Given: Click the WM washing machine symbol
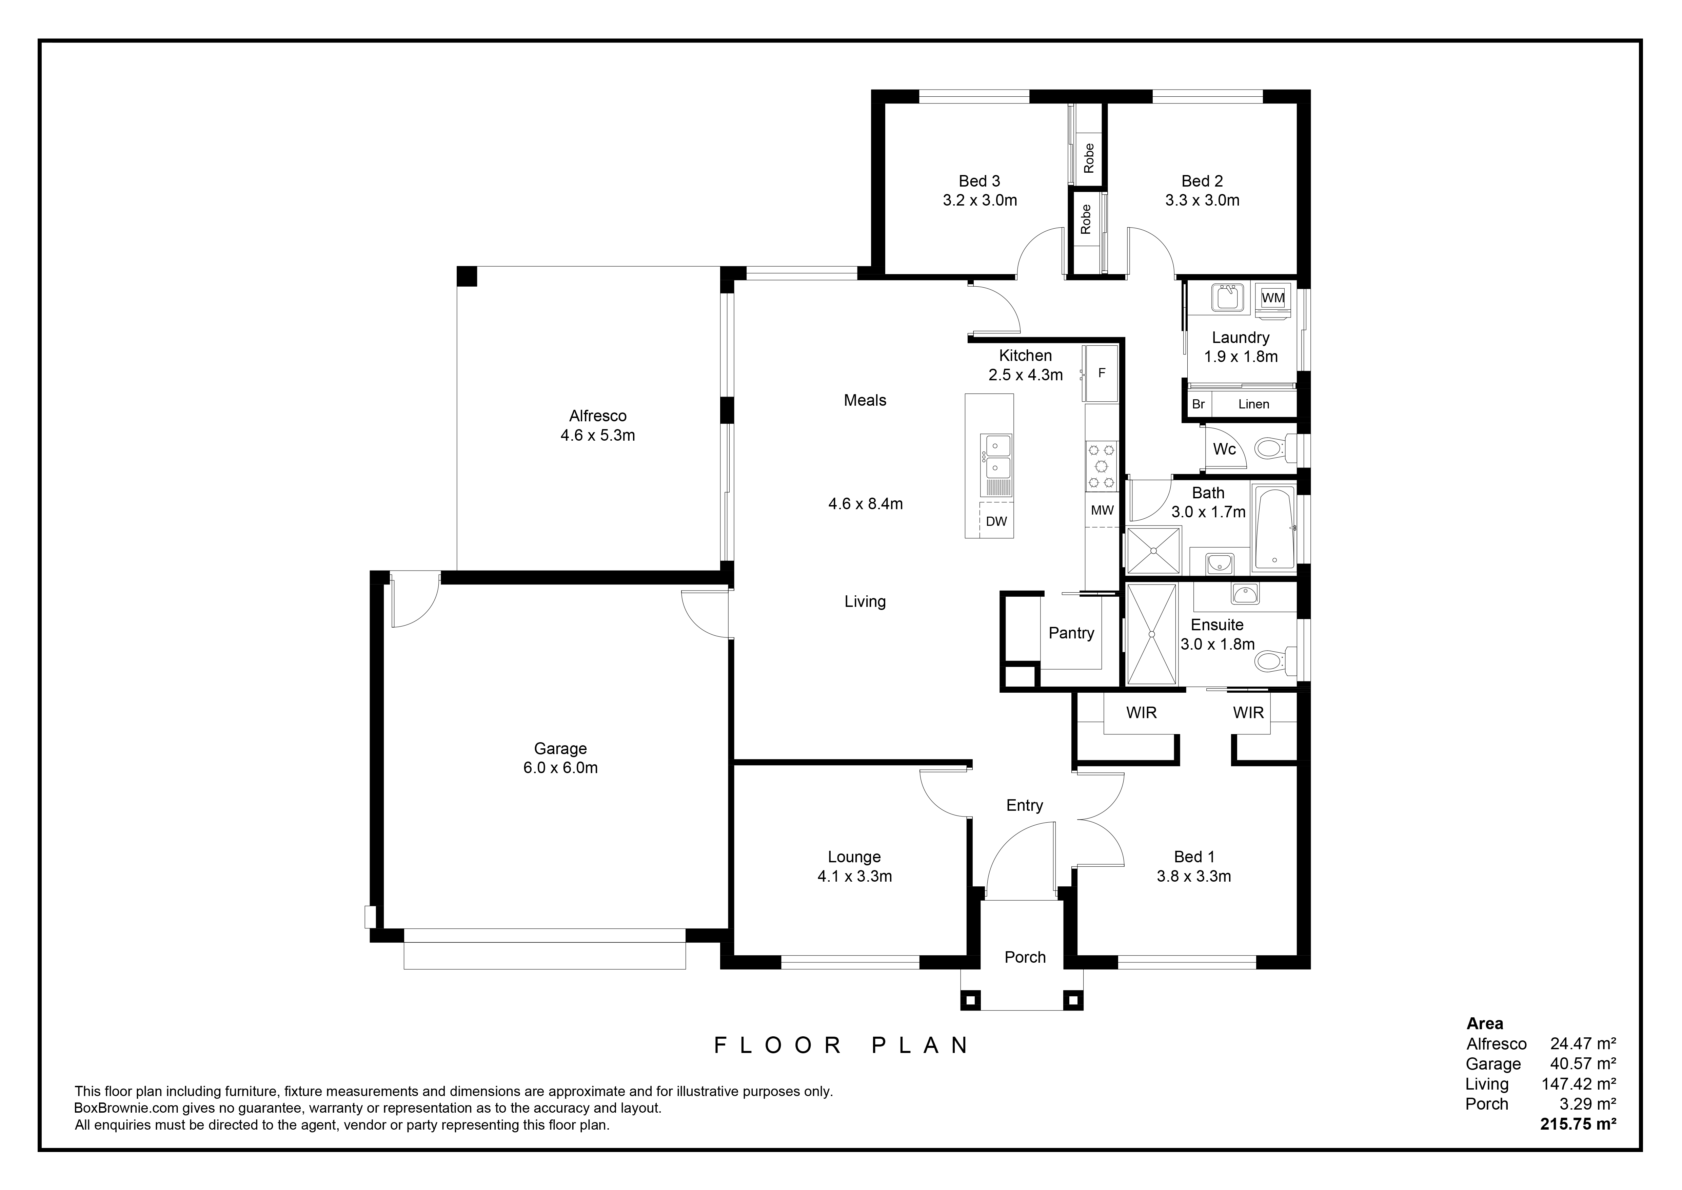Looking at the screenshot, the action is coord(1273,298).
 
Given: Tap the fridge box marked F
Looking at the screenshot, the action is coord(1101,373).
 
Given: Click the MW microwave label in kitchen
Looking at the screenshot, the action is coord(1102,510).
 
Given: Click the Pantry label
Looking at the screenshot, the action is coord(1071,633).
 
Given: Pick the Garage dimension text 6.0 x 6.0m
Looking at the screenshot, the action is coord(560,768).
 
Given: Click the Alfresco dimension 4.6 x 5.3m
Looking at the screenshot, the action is coord(598,435).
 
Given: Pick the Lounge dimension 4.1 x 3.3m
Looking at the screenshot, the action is coord(855,876).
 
